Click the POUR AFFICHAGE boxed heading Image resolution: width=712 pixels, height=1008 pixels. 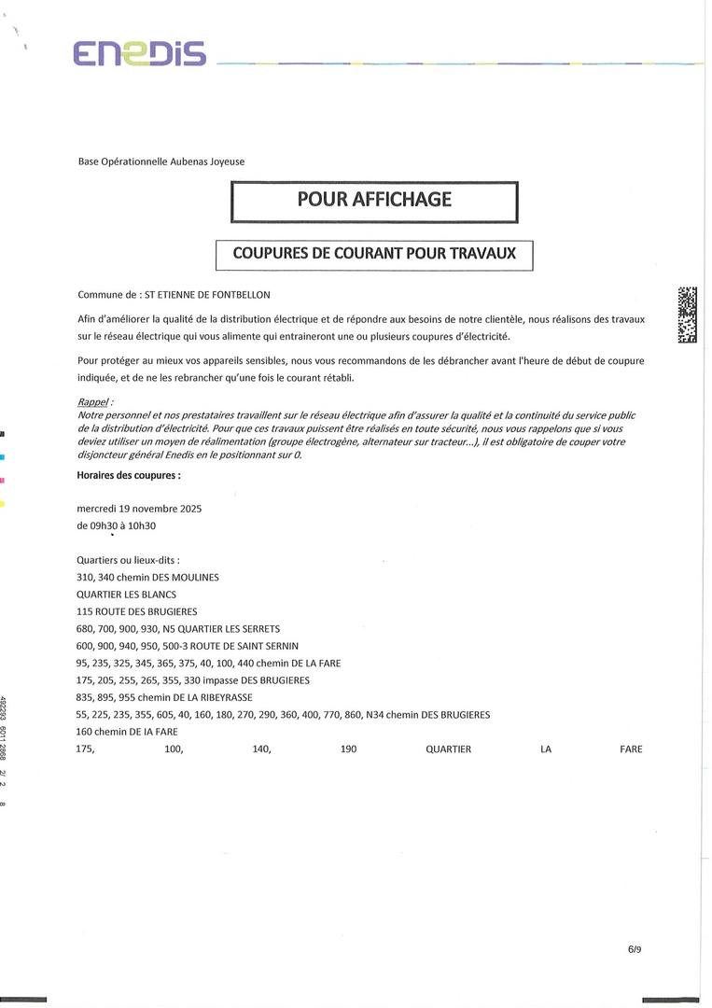(x=374, y=200)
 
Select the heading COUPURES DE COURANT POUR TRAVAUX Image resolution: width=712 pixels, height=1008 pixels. (x=374, y=254)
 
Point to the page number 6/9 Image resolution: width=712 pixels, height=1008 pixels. (x=635, y=949)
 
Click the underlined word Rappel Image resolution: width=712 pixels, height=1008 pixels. (x=95, y=402)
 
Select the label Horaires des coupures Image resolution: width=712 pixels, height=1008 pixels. (x=129, y=474)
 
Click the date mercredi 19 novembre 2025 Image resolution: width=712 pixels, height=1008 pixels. (x=139, y=509)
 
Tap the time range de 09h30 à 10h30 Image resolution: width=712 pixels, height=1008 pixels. (x=116, y=525)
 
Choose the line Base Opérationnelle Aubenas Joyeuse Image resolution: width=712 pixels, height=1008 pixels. (x=161, y=161)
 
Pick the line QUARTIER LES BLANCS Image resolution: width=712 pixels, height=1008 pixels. (x=126, y=595)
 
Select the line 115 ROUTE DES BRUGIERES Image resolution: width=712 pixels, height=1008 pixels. (x=136, y=611)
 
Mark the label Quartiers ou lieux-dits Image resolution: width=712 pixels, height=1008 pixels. (x=128, y=560)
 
